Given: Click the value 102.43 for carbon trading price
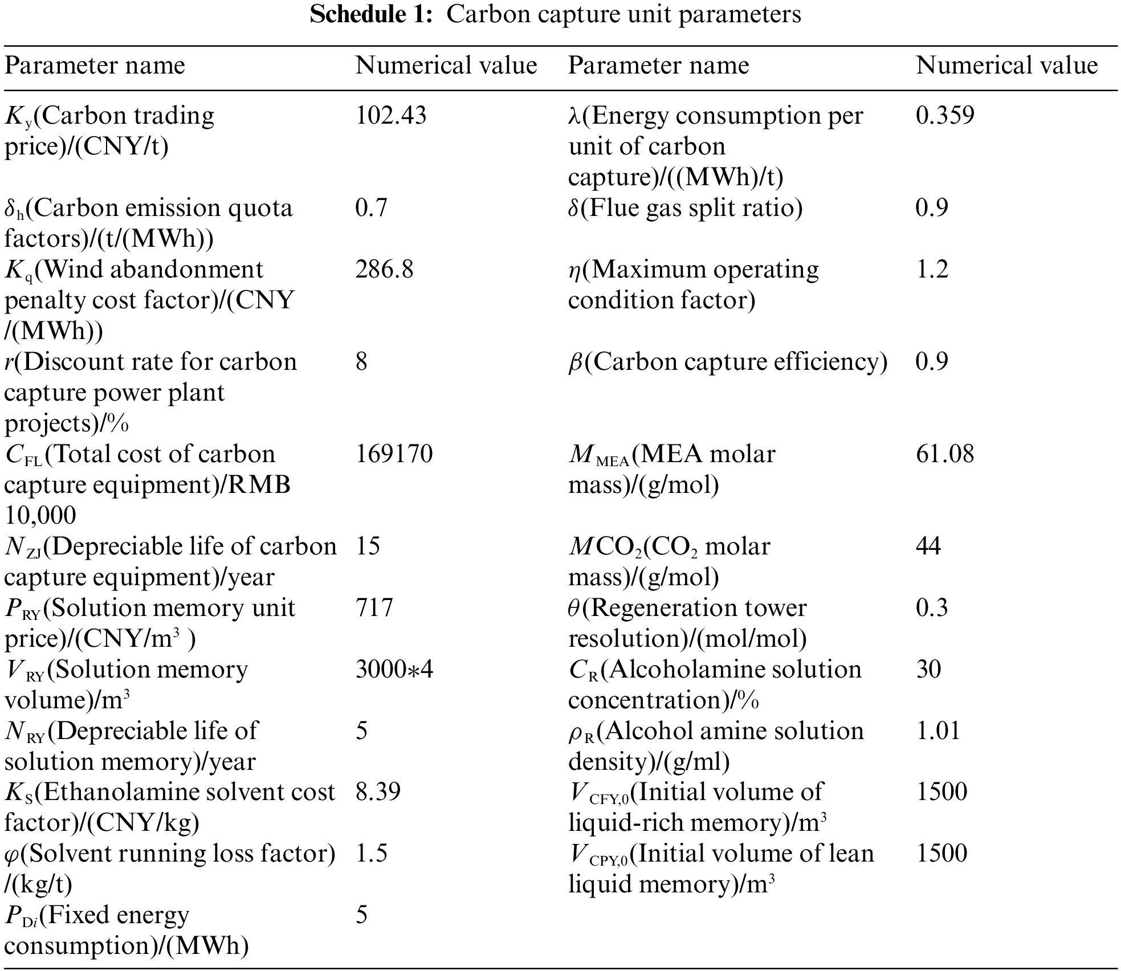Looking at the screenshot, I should pos(390,116).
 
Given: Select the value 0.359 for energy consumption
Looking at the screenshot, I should pos(945,116).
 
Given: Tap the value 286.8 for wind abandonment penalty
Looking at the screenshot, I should pos(384,270).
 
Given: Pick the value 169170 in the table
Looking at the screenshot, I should pos(394,454).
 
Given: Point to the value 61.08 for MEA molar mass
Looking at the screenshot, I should pos(945,454).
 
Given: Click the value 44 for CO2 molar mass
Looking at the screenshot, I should pos(928,546).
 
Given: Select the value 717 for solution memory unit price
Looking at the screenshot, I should pos(374,608).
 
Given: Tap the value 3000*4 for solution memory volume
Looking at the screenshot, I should pos(394,670).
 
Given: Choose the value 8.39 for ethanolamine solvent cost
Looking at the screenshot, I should pos(378,792).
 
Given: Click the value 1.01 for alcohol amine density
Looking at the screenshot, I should pos(938,731).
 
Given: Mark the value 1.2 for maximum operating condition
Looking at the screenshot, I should pos(932,270).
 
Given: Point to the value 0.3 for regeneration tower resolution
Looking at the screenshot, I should pos(932,608).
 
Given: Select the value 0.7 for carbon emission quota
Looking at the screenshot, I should pos(371,208).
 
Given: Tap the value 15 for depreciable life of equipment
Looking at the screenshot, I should pos(368,546).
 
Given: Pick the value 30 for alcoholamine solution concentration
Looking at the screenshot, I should pos(928,670).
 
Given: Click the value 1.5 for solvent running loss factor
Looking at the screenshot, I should pos(371,854).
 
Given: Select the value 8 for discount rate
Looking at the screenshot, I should pos(361,362).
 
